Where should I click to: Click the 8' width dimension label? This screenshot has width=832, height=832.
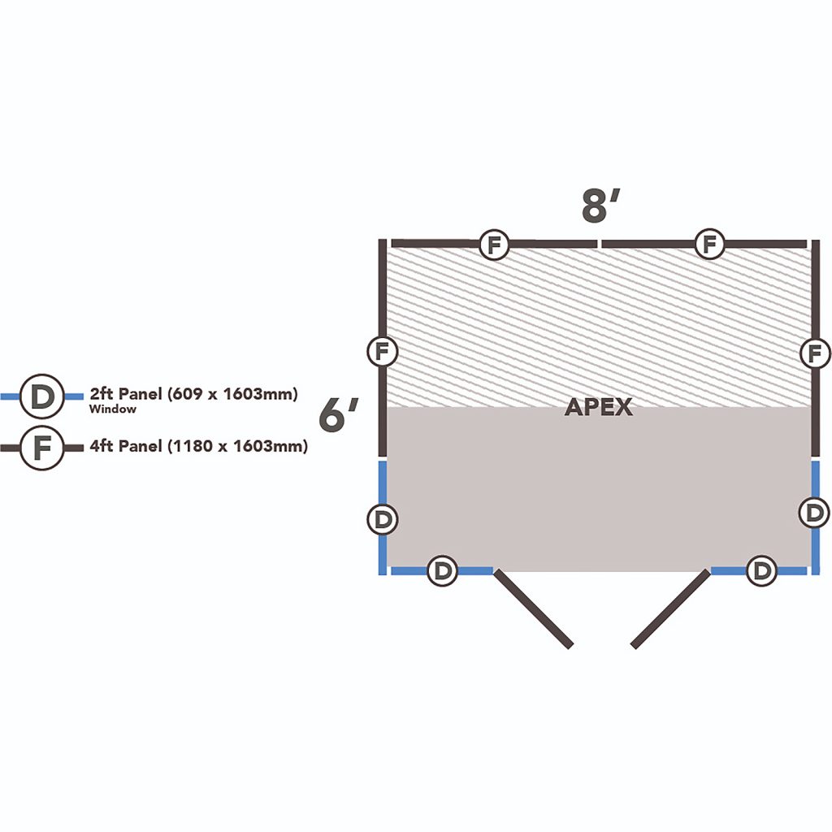pyautogui.click(x=600, y=206)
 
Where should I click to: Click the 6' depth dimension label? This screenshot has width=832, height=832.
pyautogui.click(x=339, y=415)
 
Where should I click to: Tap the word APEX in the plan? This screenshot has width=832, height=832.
pyautogui.click(x=599, y=407)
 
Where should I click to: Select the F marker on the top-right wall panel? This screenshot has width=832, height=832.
pyautogui.click(x=709, y=244)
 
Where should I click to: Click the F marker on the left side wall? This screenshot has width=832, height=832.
pyautogui.click(x=383, y=351)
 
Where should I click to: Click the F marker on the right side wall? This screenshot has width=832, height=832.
pyautogui.click(x=815, y=353)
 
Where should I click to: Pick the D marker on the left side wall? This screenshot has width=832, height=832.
pyautogui.click(x=383, y=519)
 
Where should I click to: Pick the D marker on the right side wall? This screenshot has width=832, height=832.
pyautogui.click(x=814, y=513)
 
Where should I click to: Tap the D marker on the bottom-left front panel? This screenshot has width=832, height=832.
pyautogui.click(x=442, y=571)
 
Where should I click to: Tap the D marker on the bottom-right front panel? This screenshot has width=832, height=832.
pyautogui.click(x=761, y=571)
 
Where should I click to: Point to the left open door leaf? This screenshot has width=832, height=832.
pyautogui.click(x=533, y=609)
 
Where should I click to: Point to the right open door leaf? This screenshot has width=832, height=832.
pyautogui.click(x=670, y=609)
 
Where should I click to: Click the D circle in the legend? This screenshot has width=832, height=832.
pyautogui.click(x=42, y=396)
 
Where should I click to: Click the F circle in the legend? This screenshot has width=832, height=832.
pyautogui.click(x=42, y=448)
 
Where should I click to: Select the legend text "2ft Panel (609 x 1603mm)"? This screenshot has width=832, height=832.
pyautogui.click(x=193, y=394)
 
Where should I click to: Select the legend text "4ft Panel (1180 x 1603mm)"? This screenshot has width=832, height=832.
pyautogui.click(x=198, y=446)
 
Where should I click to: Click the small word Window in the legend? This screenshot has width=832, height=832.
pyautogui.click(x=112, y=409)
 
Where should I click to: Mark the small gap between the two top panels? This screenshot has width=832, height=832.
pyautogui.click(x=600, y=244)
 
